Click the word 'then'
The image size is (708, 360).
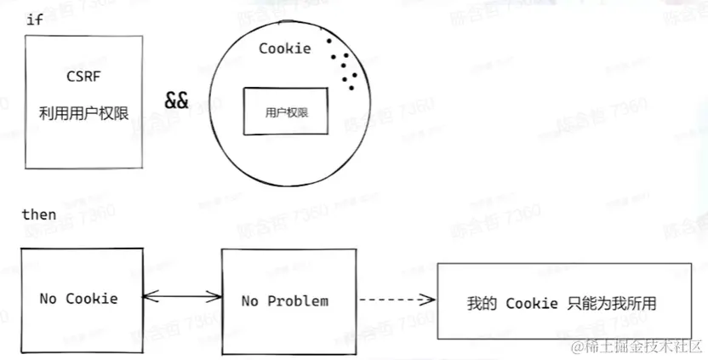[38, 214]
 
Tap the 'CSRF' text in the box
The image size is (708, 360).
[83, 77]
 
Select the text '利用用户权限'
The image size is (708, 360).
[83, 111]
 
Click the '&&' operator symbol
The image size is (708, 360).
[177, 100]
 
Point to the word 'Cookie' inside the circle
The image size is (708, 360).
[285, 49]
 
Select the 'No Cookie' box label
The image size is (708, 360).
[78, 299]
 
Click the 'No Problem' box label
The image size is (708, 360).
[284, 301]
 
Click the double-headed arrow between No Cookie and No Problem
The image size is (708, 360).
[182, 296]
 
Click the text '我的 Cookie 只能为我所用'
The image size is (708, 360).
[562, 304]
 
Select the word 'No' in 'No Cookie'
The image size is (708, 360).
[49, 299]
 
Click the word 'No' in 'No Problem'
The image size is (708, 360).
[250, 301]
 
